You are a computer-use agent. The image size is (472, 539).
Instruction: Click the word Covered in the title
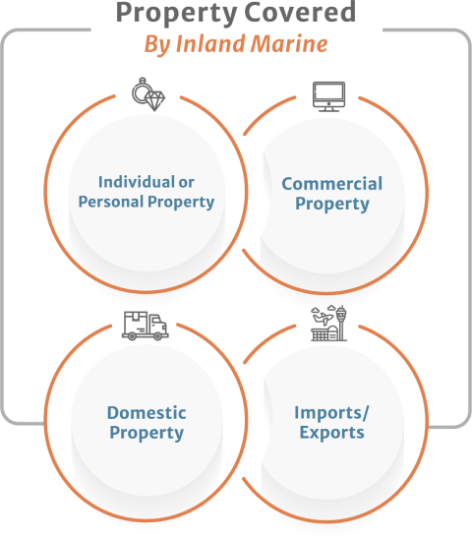coord(300,12)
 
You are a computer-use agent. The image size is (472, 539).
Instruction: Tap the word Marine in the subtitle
coord(289,44)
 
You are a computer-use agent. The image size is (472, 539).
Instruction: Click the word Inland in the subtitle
coord(210,44)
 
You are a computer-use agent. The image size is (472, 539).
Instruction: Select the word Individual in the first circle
coord(136,182)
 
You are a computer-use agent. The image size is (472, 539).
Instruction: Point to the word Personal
coord(111,202)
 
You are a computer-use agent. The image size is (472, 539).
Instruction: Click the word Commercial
coord(331,184)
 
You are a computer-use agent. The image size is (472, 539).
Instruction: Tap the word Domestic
coord(147,412)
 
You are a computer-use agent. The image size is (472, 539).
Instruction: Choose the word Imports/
coord(331,412)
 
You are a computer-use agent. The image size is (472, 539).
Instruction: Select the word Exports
coord(331,432)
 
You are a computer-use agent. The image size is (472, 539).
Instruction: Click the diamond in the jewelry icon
coord(154,100)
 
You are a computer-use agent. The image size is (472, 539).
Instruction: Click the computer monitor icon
coord(329,96)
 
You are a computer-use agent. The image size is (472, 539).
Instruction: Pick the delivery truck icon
coord(146,326)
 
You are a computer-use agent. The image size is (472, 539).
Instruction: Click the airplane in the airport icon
coord(323,318)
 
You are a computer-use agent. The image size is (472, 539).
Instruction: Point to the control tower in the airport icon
coord(341,323)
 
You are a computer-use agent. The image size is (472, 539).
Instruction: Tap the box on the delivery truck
coord(136,323)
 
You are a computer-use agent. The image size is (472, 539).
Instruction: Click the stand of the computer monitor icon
coord(329,109)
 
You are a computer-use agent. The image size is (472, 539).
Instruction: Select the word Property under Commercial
coord(332,204)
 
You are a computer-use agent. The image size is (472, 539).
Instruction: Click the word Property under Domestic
coord(147,433)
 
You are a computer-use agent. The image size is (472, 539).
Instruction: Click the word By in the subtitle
coord(157,44)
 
